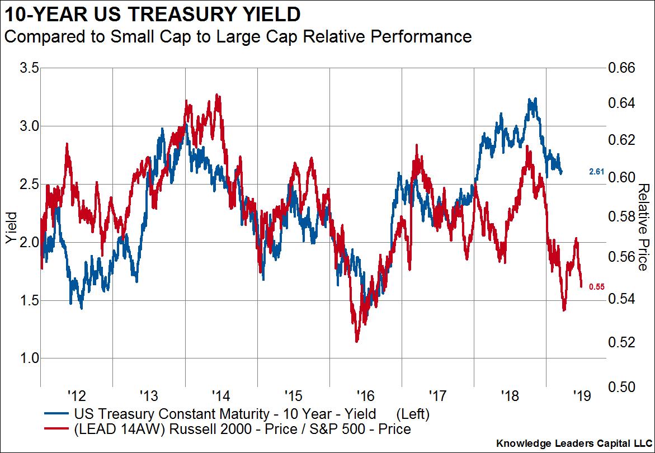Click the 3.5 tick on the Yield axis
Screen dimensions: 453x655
click(29, 68)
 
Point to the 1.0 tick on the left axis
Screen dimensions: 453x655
click(29, 358)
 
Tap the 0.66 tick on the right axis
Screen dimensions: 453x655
click(622, 68)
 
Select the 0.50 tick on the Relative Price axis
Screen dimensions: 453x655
click(622, 386)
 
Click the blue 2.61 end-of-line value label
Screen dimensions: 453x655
click(596, 172)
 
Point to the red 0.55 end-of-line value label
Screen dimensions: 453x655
click(597, 287)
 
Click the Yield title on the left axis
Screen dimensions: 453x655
click(10, 227)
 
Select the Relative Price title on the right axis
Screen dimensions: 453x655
click(644, 227)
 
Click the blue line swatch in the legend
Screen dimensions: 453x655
click(56, 415)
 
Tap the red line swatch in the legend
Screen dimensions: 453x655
click(56, 430)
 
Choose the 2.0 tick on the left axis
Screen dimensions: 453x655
click(29, 242)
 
